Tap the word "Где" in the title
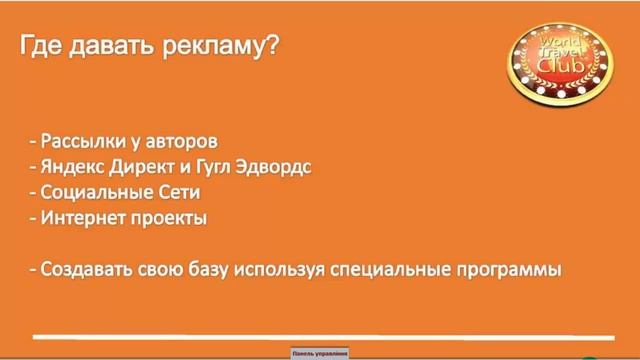(42, 48)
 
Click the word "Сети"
(179, 191)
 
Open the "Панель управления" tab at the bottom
(319, 353)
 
